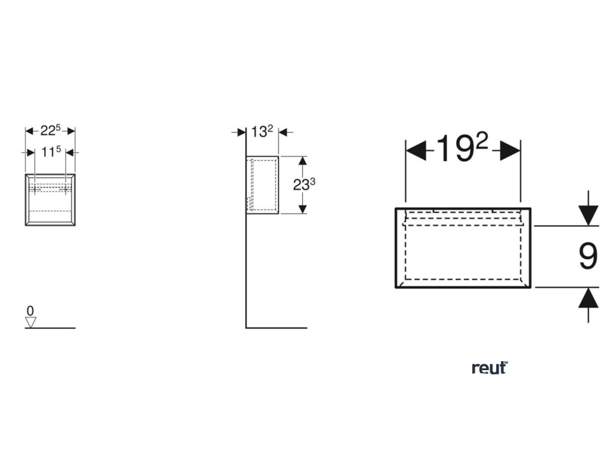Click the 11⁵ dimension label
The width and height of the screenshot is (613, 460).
(x=51, y=152)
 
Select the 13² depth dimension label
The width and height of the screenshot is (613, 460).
(x=262, y=132)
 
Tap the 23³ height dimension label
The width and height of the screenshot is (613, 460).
(x=304, y=184)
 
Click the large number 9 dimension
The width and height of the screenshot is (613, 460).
(x=588, y=256)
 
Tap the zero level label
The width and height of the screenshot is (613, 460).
(x=30, y=310)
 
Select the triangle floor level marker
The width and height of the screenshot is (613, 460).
(x=31, y=322)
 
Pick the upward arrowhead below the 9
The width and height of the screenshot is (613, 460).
(x=588, y=298)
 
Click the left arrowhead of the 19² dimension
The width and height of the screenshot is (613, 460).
(x=416, y=150)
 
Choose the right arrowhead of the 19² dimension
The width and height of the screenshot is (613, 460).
(x=510, y=150)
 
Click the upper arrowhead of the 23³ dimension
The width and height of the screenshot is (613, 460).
(x=302, y=162)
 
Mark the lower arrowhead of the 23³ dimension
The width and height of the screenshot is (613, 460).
(x=302, y=208)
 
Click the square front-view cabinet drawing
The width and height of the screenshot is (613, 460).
(x=50, y=200)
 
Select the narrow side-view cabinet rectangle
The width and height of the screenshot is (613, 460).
(x=262, y=184)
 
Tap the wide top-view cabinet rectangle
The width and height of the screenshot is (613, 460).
(x=463, y=247)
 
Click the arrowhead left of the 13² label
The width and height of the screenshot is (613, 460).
(x=241, y=132)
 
